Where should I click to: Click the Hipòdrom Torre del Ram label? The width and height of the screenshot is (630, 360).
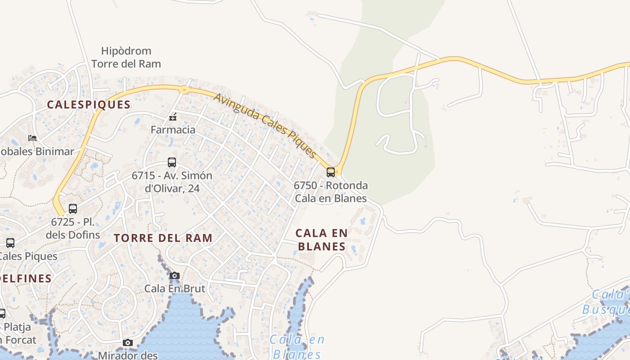[126, 57]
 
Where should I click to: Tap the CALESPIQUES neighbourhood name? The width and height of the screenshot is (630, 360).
[89, 105]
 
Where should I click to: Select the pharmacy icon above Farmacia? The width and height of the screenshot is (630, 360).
[172, 117]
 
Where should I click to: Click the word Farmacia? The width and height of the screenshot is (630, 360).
[173, 130]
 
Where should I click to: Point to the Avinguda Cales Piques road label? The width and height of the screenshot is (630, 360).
[265, 125]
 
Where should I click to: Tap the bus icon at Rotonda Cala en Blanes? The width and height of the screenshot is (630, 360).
[331, 172]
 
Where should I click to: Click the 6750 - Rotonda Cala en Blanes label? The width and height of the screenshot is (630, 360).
[330, 192]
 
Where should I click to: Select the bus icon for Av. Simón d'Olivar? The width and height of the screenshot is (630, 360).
[171, 162]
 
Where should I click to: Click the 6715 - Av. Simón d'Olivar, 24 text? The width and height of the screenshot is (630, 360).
[172, 182]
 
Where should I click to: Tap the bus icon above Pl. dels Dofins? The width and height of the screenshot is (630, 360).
[73, 209]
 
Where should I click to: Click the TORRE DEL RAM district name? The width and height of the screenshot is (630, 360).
[163, 238]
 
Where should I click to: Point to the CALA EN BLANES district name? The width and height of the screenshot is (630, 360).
[321, 239]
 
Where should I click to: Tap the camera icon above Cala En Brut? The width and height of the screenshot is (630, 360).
[175, 275]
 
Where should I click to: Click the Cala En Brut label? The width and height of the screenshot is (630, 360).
[175, 288]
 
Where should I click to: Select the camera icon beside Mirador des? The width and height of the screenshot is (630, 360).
[128, 343]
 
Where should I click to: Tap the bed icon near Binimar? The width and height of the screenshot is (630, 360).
[32, 138]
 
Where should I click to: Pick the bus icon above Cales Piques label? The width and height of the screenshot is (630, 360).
[10, 243]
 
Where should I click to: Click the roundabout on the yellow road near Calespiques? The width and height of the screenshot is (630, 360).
[184, 90]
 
